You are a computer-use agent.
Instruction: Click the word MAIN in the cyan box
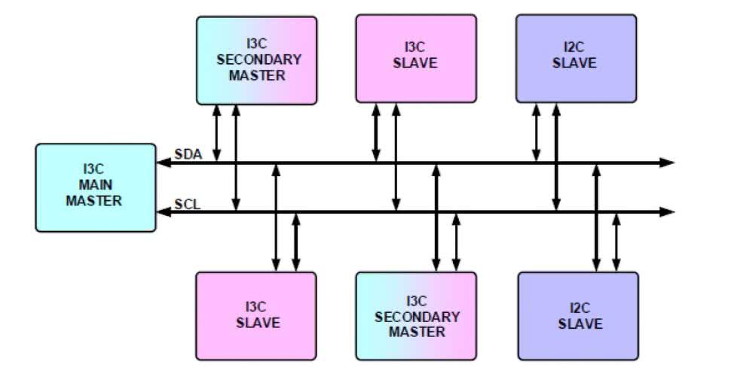(x=93, y=187)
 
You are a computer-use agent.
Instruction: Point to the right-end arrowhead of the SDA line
(x=666, y=162)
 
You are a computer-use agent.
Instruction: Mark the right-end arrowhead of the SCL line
(x=666, y=212)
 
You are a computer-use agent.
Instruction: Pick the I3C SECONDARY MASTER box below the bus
(x=416, y=316)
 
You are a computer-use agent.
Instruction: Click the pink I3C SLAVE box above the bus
(x=415, y=57)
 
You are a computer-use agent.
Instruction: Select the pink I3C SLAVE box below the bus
(x=256, y=316)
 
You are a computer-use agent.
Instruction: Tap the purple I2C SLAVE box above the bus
(x=575, y=57)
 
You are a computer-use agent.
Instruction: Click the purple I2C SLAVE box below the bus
(x=579, y=316)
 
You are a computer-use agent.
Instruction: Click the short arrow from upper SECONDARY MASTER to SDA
(x=216, y=132)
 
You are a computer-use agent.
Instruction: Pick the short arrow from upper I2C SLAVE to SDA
(x=537, y=132)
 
